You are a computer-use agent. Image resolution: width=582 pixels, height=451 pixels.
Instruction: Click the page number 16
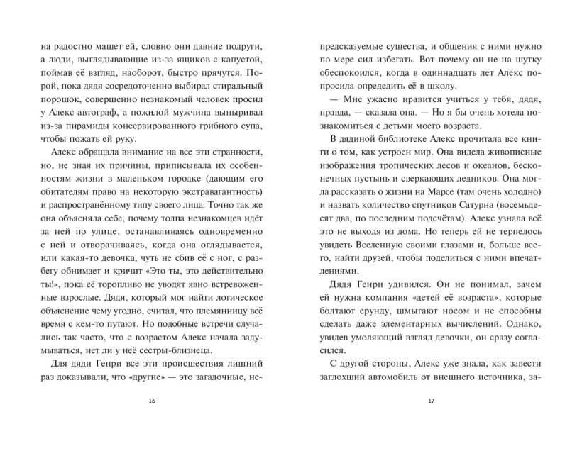151,401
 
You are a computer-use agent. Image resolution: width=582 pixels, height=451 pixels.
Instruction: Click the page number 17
431,401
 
